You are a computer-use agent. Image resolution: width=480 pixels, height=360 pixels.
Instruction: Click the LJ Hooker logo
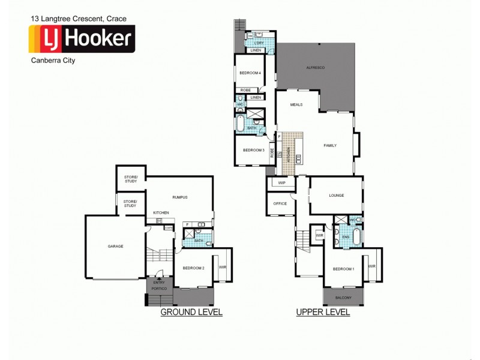click(x=82, y=39)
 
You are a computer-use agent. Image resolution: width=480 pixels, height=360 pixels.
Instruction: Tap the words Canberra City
click(x=52, y=60)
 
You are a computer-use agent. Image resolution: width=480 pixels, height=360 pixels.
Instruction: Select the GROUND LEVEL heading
click(x=191, y=312)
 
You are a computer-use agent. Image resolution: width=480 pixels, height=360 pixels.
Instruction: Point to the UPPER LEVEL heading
click(x=323, y=313)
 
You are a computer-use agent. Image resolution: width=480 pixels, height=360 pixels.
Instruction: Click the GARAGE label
click(x=116, y=247)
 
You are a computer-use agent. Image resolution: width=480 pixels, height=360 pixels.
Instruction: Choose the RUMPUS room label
click(x=181, y=197)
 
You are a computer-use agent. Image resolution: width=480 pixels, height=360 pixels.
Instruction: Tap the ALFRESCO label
click(x=316, y=68)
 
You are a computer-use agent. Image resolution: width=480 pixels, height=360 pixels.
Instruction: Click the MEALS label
click(x=296, y=104)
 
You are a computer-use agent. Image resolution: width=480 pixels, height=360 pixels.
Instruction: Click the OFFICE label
click(x=280, y=203)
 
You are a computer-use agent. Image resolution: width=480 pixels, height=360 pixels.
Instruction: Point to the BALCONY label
click(x=344, y=298)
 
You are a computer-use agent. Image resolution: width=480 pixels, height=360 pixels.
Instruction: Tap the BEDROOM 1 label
click(x=344, y=268)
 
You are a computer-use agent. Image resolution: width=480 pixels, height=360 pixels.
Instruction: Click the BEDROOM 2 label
click(x=194, y=268)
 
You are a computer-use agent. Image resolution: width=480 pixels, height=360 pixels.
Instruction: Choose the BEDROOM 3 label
click(x=254, y=150)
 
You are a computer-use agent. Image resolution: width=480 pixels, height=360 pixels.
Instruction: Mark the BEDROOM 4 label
click(x=250, y=73)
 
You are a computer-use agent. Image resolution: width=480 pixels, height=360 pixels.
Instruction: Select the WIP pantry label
click(x=281, y=183)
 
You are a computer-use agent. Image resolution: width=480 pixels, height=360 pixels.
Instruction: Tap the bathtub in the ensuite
click(x=357, y=236)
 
